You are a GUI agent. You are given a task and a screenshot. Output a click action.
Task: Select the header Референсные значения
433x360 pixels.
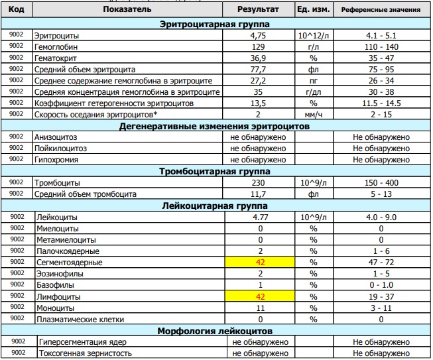[381, 11]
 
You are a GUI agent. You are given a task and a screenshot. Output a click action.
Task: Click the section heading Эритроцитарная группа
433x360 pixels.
[219, 24]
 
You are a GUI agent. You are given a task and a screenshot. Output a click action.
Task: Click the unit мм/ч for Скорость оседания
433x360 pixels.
[314, 114]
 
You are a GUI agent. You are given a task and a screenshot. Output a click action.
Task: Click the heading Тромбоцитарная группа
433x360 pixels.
[219, 171]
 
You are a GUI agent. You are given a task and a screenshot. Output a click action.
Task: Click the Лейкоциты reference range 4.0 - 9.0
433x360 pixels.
[381, 217]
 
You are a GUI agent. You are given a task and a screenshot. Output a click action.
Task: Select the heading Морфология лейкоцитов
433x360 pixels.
[219, 331]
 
